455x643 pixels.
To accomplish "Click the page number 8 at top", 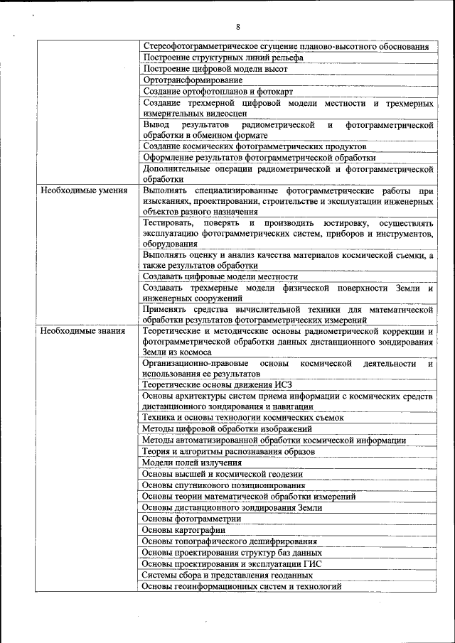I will click(237, 28).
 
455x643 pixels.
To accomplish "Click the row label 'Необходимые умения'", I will click(84, 190).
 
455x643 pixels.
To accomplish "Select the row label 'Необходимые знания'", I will click(82, 330).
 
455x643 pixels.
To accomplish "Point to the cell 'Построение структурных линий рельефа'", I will click(213, 58).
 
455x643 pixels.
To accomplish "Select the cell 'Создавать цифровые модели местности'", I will click(220, 276).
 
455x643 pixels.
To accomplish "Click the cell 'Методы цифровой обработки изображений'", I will click(227, 429).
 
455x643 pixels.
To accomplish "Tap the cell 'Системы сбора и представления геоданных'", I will click(227, 575).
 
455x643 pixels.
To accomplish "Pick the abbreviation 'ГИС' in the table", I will click(312, 564).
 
